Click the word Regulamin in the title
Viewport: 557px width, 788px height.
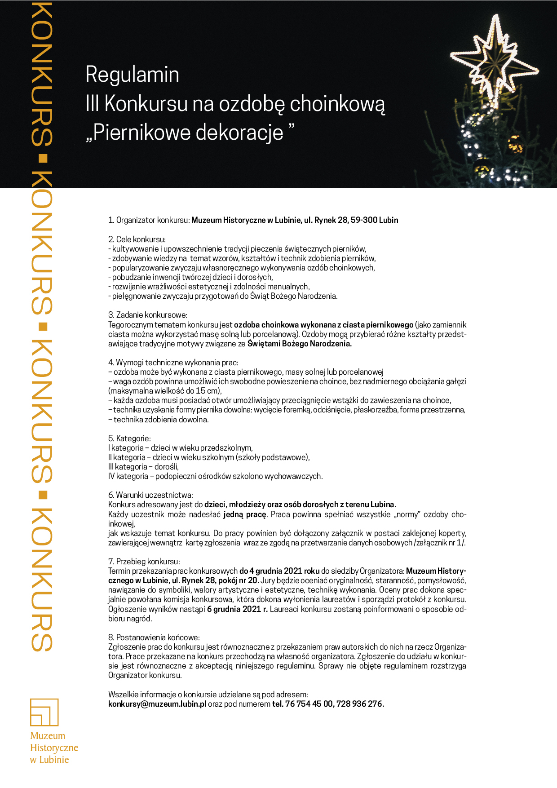point(132,75)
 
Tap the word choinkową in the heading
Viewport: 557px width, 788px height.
point(337,104)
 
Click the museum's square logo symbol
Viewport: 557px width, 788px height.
point(44,712)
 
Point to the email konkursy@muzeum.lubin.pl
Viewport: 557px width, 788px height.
point(157,704)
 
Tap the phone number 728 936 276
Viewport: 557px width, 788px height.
point(360,704)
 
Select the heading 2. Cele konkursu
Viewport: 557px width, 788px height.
point(137,239)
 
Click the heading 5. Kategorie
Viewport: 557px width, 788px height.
point(129,438)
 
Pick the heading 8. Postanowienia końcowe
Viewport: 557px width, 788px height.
point(154,637)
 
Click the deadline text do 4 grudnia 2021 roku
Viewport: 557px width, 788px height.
point(279,571)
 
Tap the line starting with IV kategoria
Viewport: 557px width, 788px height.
point(215,476)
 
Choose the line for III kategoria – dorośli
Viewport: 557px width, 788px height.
point(143,467)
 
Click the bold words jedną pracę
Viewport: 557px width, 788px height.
point(245,514)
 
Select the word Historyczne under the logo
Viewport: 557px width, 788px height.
point(54,748)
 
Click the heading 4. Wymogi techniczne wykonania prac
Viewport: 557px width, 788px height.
point(173,363)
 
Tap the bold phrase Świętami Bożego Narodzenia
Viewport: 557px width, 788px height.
point(299,344)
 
